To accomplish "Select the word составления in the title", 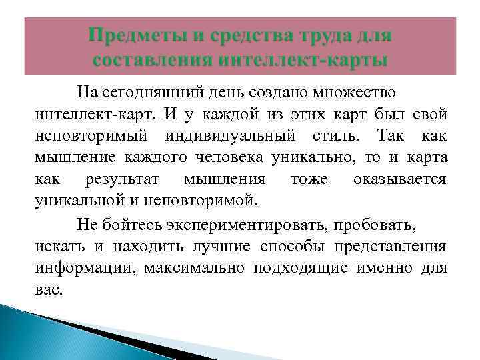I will pyautogui.click(x=144, y=61).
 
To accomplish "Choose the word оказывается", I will pyautogui.click(x=400, y=180).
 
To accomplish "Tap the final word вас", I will pyautogui.click(x=48, y=291).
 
